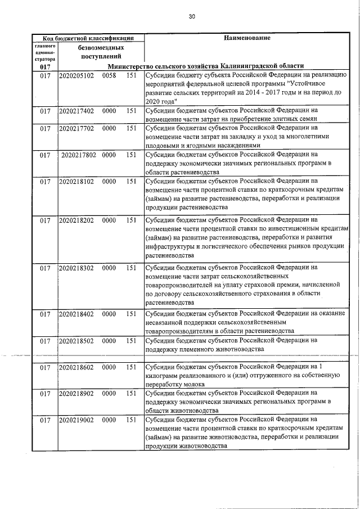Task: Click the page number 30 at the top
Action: (x=192, y=17)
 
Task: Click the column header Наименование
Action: (x=247, y=38)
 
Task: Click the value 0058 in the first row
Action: (x=109, y=75)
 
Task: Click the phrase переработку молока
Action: (x=175, y=384)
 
